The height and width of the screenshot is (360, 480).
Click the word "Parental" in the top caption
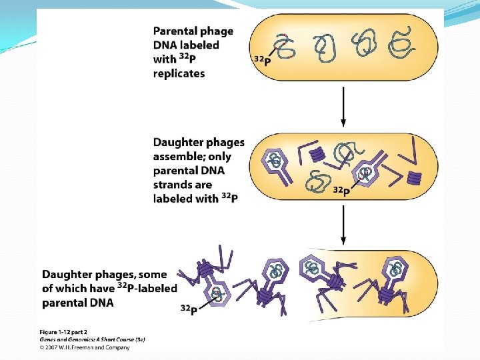click(x=174, y=31)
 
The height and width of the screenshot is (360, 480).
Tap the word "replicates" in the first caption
click(x=179, y=73)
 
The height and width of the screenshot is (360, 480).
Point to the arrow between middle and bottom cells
click(x=343, y=226)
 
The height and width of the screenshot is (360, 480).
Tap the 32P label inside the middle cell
click(x=341, y=191)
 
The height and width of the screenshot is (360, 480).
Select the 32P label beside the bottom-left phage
click(x=189, y=309)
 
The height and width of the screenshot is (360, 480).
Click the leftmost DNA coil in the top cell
click(x=285, y=46)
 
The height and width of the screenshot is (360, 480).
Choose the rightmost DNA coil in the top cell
click(x=403, y=44)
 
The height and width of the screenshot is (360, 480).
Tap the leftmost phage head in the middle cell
click(x=276, y=164)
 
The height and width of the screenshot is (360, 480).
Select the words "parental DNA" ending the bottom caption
click(x=77, y=303)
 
